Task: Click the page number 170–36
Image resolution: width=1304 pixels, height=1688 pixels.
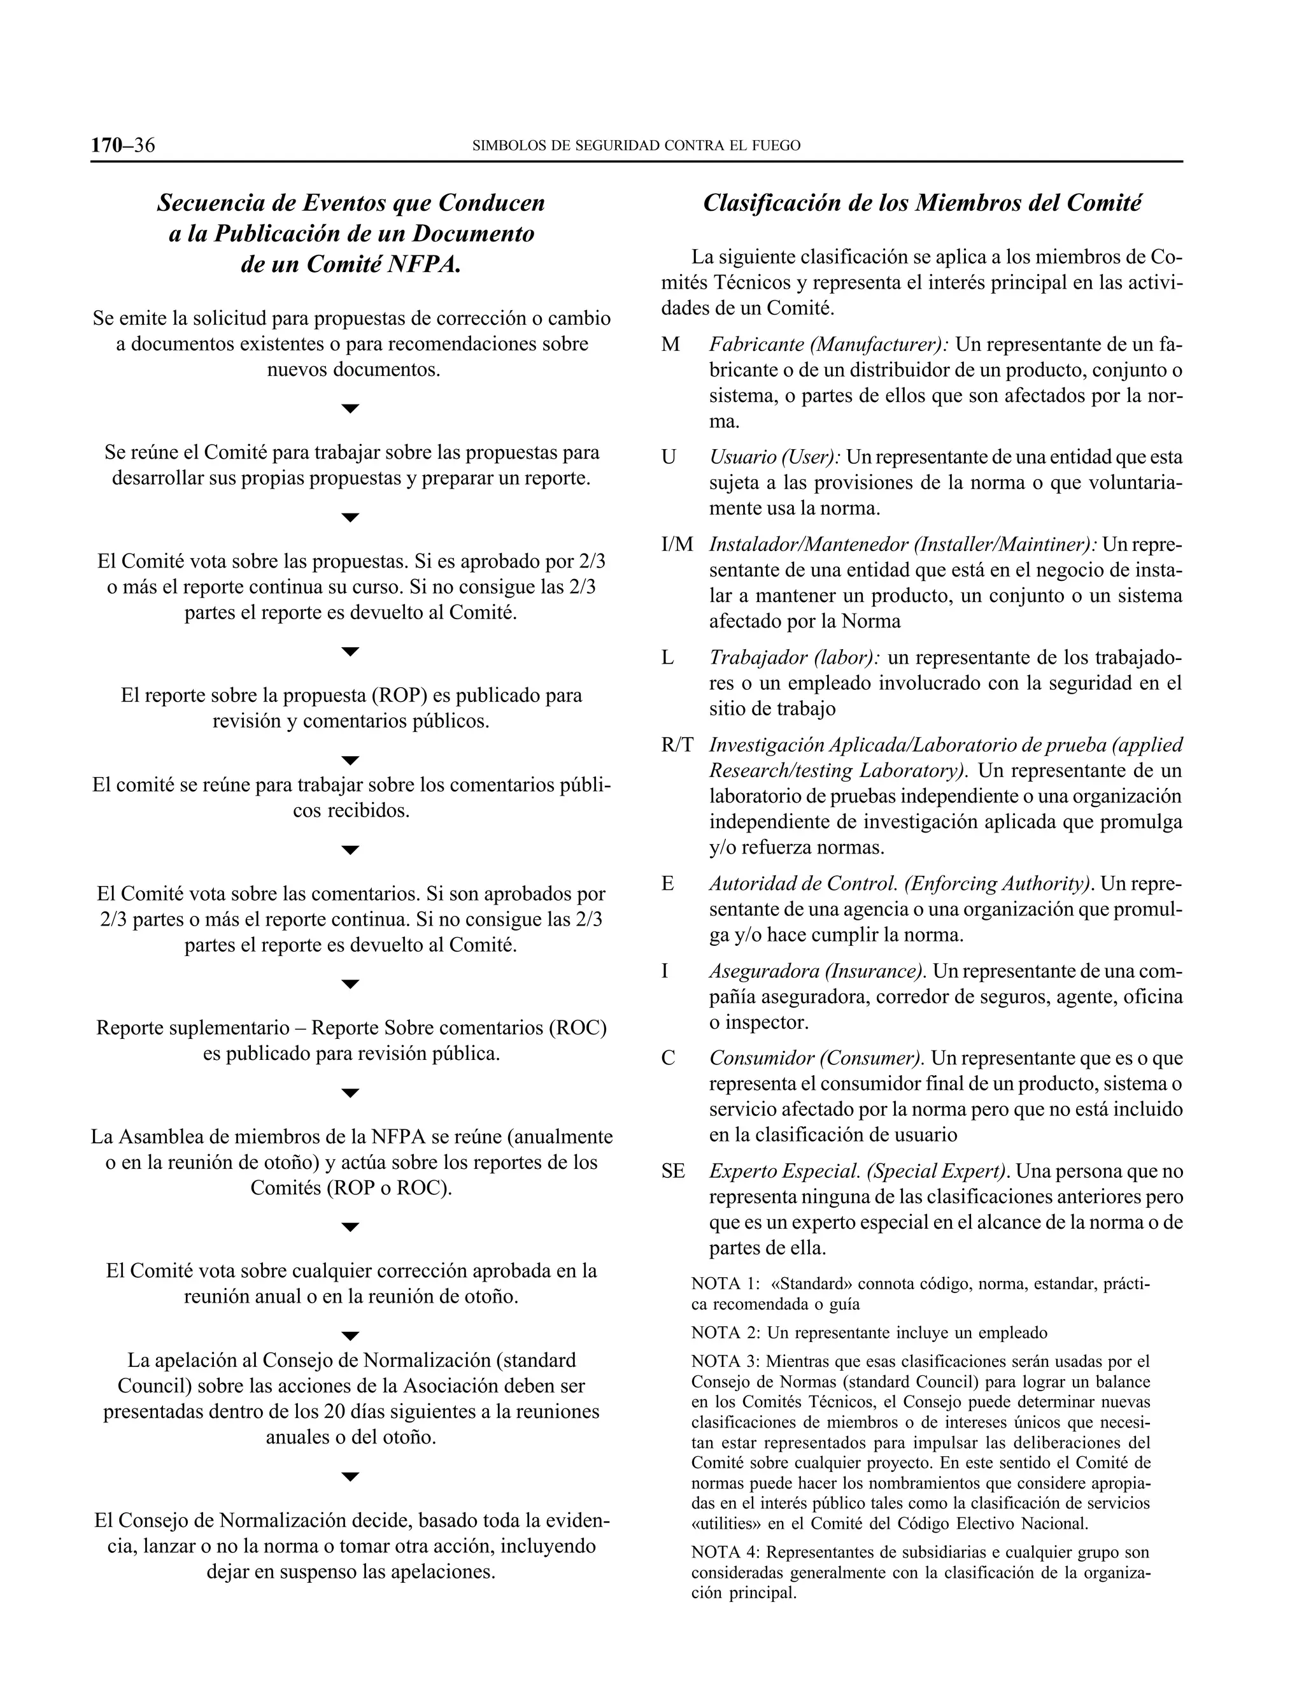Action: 123,145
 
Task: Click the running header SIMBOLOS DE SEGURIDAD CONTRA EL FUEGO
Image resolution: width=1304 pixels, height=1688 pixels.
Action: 636,145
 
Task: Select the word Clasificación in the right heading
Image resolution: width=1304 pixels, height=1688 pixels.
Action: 773,203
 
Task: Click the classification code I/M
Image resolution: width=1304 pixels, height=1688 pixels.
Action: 677,545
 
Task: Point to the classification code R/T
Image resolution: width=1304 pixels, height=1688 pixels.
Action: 677,745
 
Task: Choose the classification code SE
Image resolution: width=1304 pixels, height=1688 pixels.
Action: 673,1171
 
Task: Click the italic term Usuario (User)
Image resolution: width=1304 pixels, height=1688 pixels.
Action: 775,457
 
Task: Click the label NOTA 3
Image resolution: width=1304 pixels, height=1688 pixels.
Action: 724,1361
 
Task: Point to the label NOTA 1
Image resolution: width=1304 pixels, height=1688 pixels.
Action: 724,1284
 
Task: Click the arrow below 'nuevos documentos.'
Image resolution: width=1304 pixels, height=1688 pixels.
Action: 351,409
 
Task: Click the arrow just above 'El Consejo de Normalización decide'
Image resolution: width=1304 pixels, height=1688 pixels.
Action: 351,1477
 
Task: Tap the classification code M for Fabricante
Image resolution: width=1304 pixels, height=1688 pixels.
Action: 670,344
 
